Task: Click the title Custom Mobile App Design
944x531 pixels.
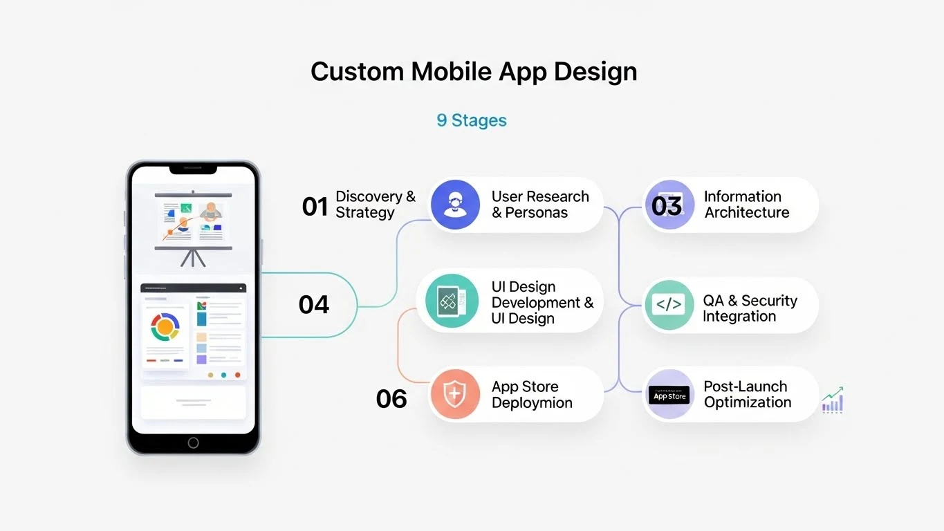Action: pos(474,72)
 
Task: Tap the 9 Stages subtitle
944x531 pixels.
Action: pos(471,120)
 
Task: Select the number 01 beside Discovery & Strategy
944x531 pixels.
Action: pos(315,206)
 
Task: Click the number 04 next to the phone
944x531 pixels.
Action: pos(314,304)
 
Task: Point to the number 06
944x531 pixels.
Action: pos(391,398)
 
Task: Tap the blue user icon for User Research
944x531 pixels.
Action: pos(454,204)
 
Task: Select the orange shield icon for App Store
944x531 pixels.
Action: pos(454,394)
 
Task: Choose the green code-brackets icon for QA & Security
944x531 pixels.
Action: pos(668,305)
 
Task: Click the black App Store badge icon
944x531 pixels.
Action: pos(669,395)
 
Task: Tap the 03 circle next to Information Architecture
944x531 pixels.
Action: pos(667,205)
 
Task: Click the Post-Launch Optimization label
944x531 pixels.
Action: pos(747,394)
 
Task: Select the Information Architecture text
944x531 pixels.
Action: pos(746,204)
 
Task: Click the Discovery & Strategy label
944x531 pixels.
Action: pos(376,204)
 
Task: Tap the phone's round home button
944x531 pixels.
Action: pos(193,442)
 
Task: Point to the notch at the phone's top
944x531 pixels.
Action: pos(193,169)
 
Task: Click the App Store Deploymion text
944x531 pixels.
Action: pos(532,394)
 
